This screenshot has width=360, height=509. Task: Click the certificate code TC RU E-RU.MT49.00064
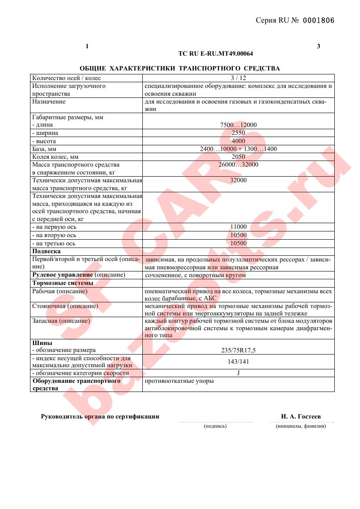click(215, 54)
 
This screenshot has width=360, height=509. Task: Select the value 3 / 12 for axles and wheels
click(238, 78)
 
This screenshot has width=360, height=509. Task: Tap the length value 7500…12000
click(238, 125)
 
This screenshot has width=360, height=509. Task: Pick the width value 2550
click(238, 133)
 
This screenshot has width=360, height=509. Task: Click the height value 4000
click(238, 141)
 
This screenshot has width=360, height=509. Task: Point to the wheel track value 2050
click(238, 157)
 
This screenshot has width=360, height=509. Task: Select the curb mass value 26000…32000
click(238, 164)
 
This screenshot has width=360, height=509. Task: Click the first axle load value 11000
click(238, 227)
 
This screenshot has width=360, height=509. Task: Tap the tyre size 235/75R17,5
click(238, 350)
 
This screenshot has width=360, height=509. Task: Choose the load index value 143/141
click(238, 362)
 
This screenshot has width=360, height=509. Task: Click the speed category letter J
click(238, 373)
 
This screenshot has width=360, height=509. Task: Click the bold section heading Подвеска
click(47, 251)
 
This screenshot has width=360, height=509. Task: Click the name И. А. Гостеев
click(301, 417)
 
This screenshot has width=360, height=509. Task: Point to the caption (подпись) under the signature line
click(215, 426)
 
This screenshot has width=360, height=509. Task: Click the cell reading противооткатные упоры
click(179, 381)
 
